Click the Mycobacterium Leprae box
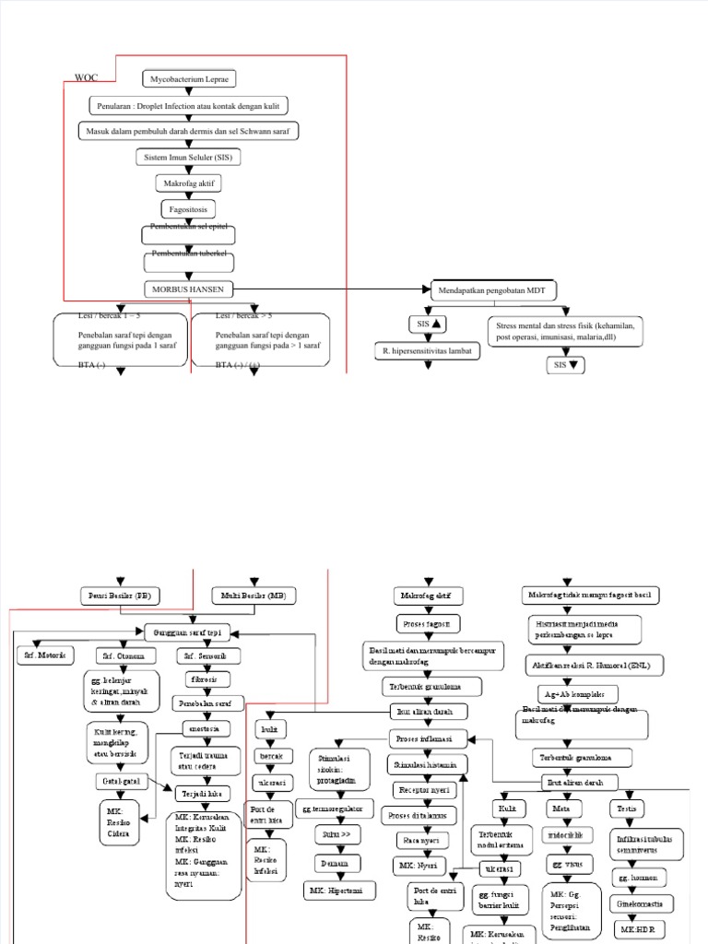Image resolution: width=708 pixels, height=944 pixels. coord(188,79)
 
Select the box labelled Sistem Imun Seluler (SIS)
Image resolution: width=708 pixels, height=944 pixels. coord(188,158)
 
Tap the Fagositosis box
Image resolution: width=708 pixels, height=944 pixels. coord(188,209)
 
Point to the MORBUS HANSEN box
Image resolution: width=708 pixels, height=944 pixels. coord(188,288)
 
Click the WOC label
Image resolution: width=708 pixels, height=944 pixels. coord(86,78)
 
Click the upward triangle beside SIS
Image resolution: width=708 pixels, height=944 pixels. coord(436,324)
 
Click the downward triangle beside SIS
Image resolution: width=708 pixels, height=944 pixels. coord(574,365)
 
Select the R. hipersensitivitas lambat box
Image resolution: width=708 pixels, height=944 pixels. coord(428,351)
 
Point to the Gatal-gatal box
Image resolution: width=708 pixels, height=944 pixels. coord(116,781)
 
